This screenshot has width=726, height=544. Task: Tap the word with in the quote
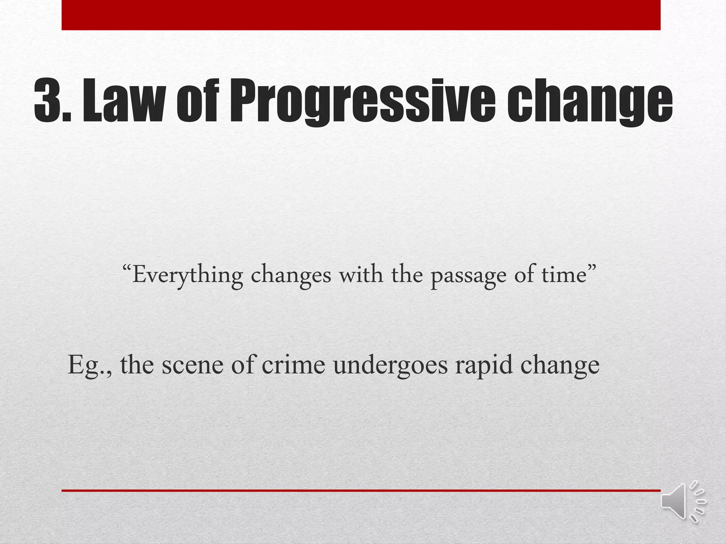click(361, 274)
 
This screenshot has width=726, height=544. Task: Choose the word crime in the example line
click(293, 365)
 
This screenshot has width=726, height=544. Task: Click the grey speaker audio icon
click(682, 501)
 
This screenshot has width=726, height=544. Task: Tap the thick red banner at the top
click(361, 15)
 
